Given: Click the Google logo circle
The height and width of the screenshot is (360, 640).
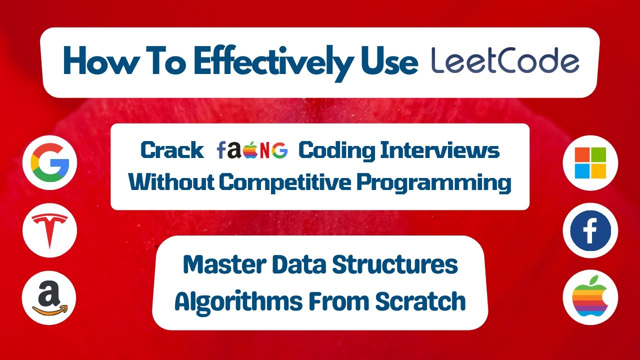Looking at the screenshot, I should tap(50, 163).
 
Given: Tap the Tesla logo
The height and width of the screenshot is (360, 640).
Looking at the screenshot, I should tap(50, 230).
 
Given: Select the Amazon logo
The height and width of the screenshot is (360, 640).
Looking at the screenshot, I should tap(50, 298).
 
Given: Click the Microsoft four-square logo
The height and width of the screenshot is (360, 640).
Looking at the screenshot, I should tap(590, 163).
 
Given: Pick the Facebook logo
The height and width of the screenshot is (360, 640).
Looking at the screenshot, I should tap(590, 230).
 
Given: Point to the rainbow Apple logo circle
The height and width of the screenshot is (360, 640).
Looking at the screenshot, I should tap(590, 298).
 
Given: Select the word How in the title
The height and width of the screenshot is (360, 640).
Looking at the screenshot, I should tap(95, 62).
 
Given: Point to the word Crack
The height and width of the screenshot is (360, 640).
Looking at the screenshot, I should tap(172, 150).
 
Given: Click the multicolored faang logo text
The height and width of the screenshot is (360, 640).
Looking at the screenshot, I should tap(252, 150).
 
